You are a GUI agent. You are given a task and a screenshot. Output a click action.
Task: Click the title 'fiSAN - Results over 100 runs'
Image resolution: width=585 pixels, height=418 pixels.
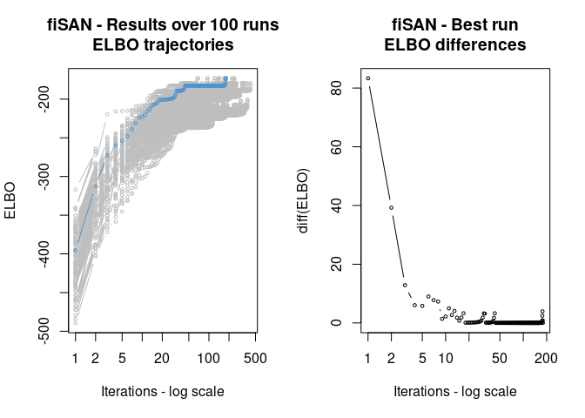[163, 26]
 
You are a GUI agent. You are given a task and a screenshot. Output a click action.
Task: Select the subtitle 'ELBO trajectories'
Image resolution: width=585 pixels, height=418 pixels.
[163, 45]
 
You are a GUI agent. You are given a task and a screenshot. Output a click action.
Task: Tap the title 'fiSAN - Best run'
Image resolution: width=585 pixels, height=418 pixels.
[455, 26]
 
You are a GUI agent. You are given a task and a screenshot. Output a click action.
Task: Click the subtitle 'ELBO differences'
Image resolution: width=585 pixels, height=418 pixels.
[455, 45]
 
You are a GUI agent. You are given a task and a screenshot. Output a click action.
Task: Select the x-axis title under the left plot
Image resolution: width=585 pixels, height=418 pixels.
[163, 392]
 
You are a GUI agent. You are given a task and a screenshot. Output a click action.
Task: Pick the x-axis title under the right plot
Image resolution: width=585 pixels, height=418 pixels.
[455, 392]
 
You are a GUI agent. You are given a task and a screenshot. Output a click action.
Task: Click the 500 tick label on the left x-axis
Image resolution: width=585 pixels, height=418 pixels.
[254, 358]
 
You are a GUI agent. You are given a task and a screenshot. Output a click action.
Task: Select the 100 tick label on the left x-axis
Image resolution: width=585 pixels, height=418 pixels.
[208, 358]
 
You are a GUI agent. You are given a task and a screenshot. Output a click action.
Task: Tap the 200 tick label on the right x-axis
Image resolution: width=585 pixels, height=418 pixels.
[545, 358]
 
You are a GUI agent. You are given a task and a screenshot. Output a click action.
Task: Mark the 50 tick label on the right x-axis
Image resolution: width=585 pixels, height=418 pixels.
[499, 358]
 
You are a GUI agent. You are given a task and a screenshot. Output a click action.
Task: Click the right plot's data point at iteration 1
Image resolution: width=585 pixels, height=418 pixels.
[368, 78]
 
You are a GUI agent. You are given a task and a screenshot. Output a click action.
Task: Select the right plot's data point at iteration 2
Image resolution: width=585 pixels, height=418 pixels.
[392, 207]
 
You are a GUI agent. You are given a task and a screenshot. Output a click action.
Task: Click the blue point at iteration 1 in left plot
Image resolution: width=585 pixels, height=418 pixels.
[76, 250]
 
